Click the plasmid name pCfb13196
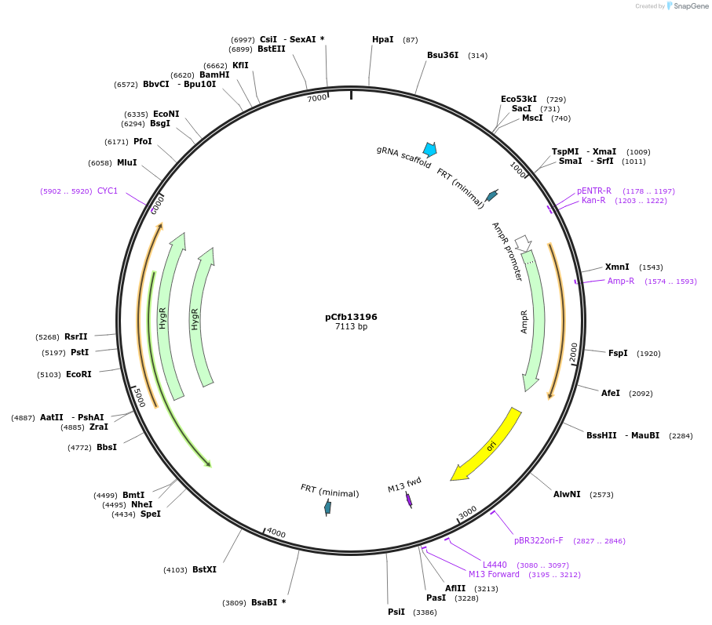pos(351,317)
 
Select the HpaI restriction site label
pos(382,39)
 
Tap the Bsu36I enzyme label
pos(443,55)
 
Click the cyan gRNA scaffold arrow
pos(429,149)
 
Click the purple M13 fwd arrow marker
pos(409,500)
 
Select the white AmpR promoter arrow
pos(523,243)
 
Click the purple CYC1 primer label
pos(108,191)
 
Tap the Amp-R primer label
pos(620,281)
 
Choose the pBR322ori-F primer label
pos(539,540)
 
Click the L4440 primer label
pos(495,565)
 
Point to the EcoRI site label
pos(79,374)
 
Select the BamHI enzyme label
pos(214,74)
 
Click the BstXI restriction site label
pos(204,569)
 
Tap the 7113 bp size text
pos(351,327)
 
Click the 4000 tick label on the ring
pos(276,533)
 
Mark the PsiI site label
pos(396,612)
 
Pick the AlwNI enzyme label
pos(567,494)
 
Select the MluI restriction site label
pos(126,162)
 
